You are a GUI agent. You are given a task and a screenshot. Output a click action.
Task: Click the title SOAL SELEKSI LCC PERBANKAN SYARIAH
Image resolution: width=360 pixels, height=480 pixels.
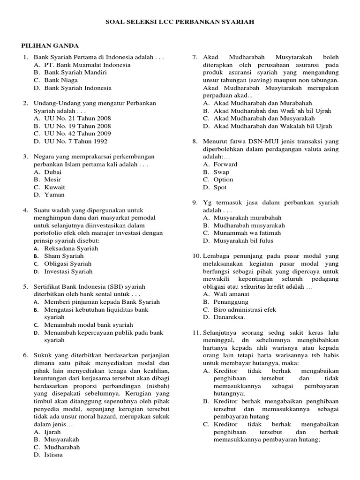180,22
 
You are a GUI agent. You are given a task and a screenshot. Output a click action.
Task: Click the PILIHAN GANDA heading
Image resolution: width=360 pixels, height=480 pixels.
50,45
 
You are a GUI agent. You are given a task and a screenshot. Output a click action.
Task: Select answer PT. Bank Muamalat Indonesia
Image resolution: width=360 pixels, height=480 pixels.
87,65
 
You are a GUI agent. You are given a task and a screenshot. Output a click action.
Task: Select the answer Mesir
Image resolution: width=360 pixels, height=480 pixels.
52,180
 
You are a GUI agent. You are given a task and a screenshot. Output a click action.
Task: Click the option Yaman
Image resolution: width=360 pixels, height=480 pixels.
54,195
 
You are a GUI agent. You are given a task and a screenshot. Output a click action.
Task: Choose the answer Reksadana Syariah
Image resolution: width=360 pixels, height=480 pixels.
71,248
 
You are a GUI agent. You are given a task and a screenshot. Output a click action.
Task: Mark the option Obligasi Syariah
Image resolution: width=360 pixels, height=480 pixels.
68,263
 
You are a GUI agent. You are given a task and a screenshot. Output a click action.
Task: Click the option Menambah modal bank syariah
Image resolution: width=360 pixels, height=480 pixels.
89,325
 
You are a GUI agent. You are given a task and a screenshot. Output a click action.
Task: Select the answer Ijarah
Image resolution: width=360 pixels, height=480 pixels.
53,432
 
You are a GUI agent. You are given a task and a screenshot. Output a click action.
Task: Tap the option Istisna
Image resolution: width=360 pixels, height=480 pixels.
53,454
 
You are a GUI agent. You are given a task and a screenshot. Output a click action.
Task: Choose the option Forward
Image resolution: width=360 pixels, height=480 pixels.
225,165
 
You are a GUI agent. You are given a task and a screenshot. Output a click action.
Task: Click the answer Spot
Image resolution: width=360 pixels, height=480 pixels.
220,187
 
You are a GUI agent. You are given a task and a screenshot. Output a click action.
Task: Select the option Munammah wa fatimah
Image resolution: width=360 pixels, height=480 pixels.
247,233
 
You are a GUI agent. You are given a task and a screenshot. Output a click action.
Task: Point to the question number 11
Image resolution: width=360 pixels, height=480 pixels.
196,333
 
